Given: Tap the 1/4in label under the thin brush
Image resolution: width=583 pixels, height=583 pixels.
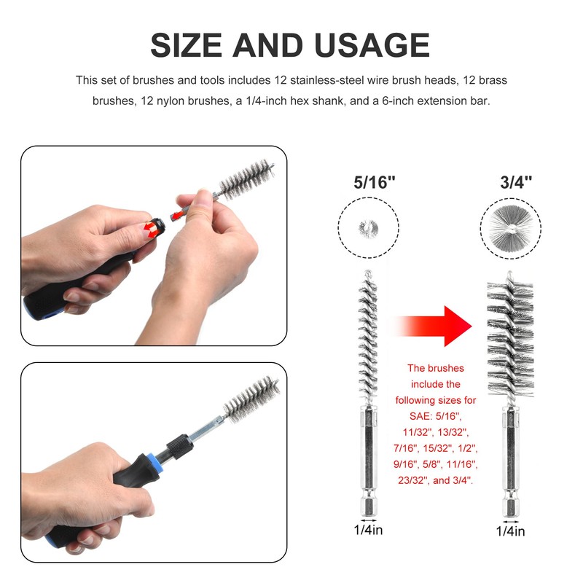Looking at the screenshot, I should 367,531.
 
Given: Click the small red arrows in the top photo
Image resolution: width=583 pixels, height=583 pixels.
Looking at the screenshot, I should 151,229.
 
